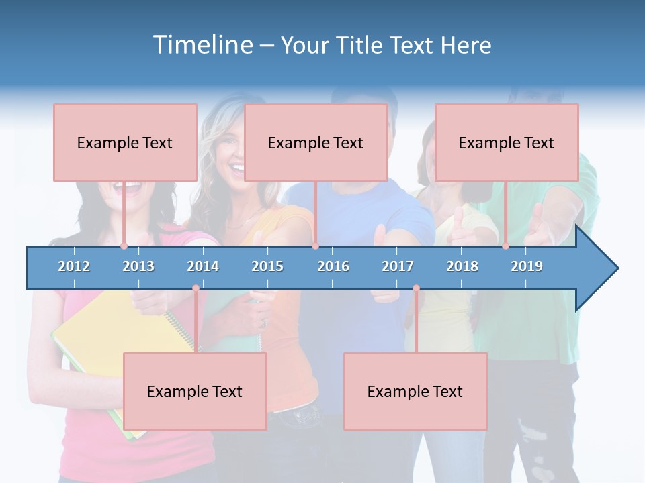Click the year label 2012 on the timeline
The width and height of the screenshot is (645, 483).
click(74, 266)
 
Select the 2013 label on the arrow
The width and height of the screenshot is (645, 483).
click(138, 266)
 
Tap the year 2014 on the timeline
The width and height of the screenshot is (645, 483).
click(203, 266)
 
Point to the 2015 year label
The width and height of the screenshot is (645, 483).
click(267, 266)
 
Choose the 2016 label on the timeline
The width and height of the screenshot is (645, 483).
click(333, 266)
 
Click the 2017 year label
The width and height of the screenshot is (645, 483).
click(398, 266)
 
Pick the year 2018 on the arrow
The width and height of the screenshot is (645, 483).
click(462, 266)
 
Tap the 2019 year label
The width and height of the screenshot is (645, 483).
click(527, 266)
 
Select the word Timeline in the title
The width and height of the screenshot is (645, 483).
click(202, 45)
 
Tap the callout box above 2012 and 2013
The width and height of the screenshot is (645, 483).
click(125, 142)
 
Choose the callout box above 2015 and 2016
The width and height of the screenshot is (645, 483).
click(316, 142)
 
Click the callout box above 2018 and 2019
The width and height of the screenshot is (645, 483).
click(507, 142)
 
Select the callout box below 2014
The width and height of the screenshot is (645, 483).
click(195, 391)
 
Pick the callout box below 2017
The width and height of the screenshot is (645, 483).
click(415, 391)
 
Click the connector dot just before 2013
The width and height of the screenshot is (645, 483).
click(124, 246)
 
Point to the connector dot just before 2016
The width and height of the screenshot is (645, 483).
click(315, 246)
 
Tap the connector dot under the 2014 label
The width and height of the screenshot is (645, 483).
click(196, 288)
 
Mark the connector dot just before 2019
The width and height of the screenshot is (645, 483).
click(505, 246)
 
